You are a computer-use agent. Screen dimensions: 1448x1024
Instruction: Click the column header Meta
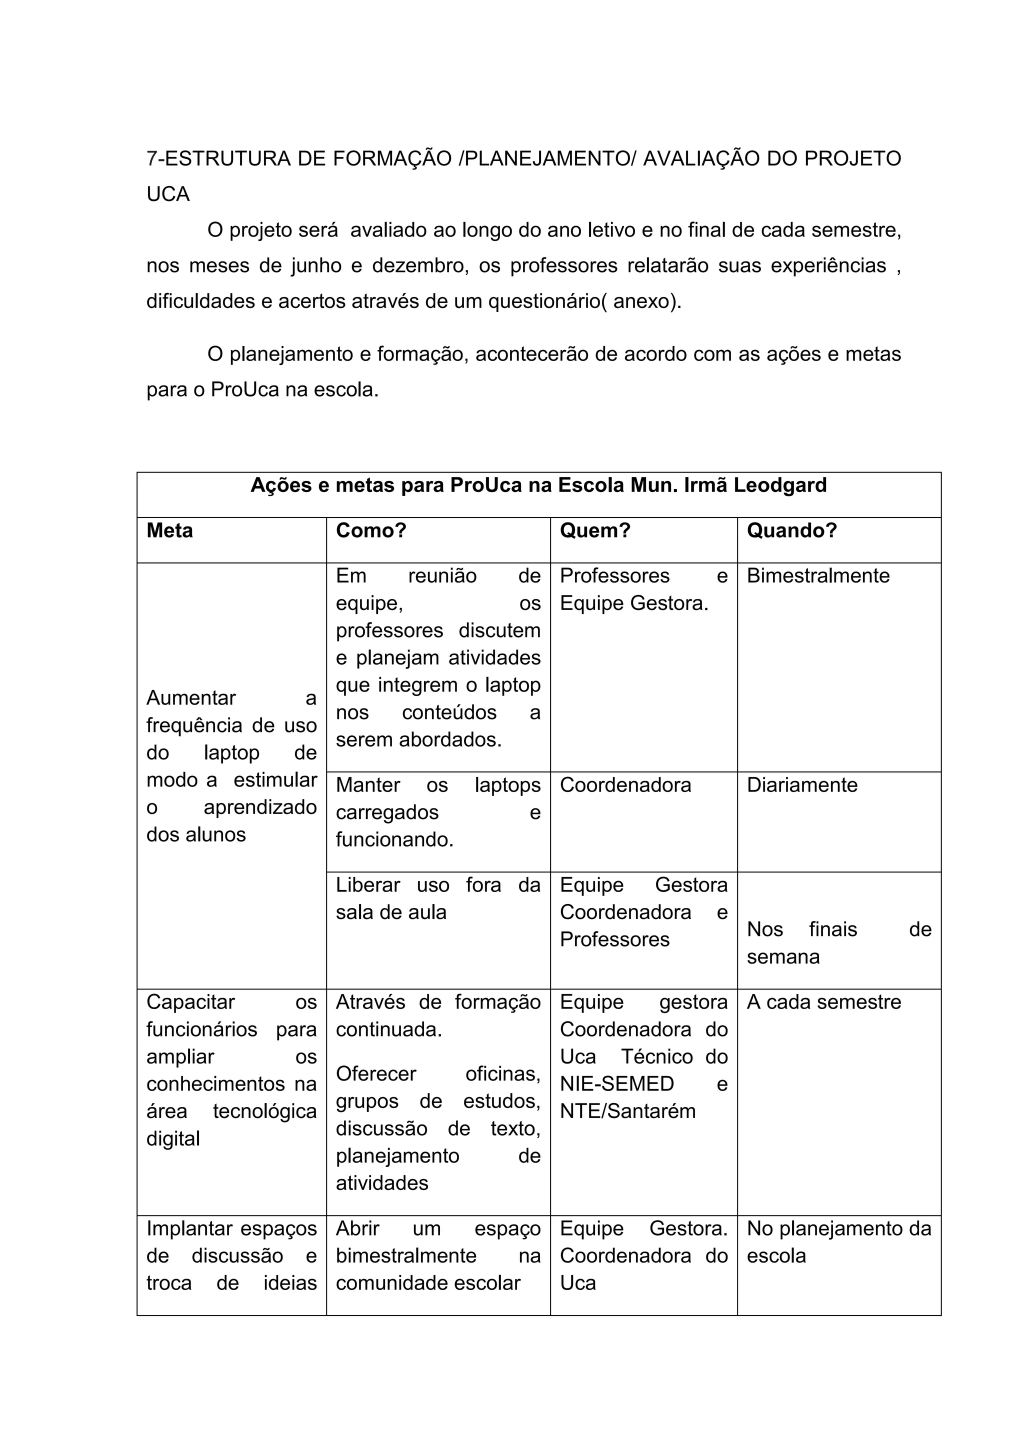(169, 530)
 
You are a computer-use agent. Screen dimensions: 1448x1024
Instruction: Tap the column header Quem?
(594, 530)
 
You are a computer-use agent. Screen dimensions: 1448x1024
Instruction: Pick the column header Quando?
(791, 530)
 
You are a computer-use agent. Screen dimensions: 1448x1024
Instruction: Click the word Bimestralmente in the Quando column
(818, 576)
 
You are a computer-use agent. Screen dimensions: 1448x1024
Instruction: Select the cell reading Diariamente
(802, 785)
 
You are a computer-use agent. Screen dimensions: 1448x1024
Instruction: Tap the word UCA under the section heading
(167, 194)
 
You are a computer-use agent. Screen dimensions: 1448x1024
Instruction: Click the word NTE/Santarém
(627, 1110)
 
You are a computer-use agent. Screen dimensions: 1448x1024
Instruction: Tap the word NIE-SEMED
(616, 1083)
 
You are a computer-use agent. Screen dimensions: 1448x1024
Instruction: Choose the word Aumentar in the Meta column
(191, 698)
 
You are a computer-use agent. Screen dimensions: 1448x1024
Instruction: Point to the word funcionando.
(394, 839)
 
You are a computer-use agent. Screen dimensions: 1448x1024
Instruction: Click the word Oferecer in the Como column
(376, 1073)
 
